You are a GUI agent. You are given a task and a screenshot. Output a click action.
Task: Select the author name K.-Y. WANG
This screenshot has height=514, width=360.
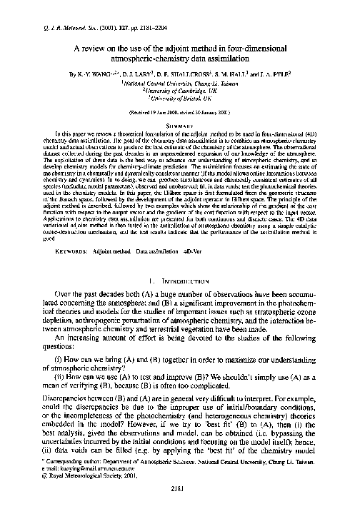(103, 73)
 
